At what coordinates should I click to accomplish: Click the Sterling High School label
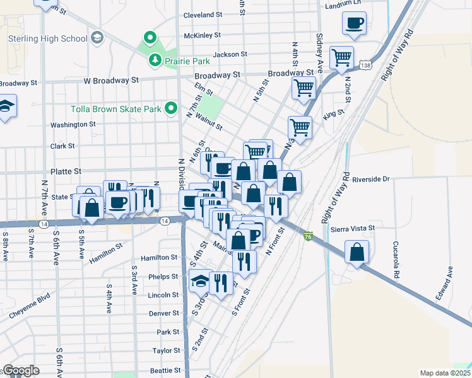[x=47, y=38]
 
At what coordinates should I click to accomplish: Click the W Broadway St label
[x=111, y=81]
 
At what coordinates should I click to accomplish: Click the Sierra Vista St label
[x=353, y=227]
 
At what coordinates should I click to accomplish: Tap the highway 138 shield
[x=366, y=65]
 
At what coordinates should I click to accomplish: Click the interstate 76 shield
[x=308, y=236]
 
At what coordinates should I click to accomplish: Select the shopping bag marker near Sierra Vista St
[x=357, y=252]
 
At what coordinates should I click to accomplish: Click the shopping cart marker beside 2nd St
[x=341, y=57]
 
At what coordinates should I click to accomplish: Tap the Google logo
[x=20, y=370]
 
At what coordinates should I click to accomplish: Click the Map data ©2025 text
[x=445, y=373]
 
